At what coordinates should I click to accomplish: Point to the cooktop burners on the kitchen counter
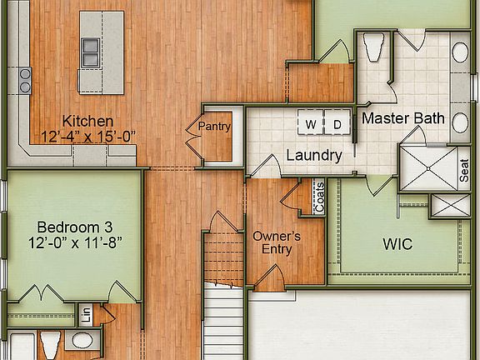[x=25, y=80]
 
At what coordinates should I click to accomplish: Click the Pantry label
[x=214, y=126]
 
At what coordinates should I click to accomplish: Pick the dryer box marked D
[x=337, y=124]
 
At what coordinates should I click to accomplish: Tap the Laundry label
[x=313, y=155]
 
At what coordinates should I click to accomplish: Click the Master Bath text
[x=402, y=118]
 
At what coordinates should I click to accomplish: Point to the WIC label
[x=397, y=245]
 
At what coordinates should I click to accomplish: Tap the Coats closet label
[x=318, y=198]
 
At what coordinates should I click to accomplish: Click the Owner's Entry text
[x=276, y=242]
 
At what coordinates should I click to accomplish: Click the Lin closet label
[x=86, y=316]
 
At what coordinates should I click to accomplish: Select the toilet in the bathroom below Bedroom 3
[x=50, y=343]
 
